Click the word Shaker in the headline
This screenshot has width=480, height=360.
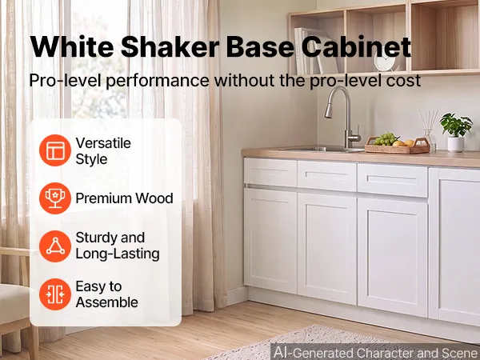(170, 47)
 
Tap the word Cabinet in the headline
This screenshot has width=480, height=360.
(355, 47)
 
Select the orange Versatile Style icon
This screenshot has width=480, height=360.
(55, 150)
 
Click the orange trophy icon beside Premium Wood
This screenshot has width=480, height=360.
(55, 198)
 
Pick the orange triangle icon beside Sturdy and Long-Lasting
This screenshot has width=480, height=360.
(55, 246)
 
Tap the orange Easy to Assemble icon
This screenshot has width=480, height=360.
(55, 294)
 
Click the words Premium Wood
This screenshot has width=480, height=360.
(124, 198)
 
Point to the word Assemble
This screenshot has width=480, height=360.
(107, 302)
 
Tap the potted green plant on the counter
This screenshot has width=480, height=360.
(456, 132)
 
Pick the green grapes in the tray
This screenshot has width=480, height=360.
(385, 139)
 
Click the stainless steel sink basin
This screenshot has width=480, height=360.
(322, 149)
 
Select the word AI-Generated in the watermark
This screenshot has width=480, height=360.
(313, 352)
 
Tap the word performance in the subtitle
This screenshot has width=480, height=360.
(158, 81)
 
